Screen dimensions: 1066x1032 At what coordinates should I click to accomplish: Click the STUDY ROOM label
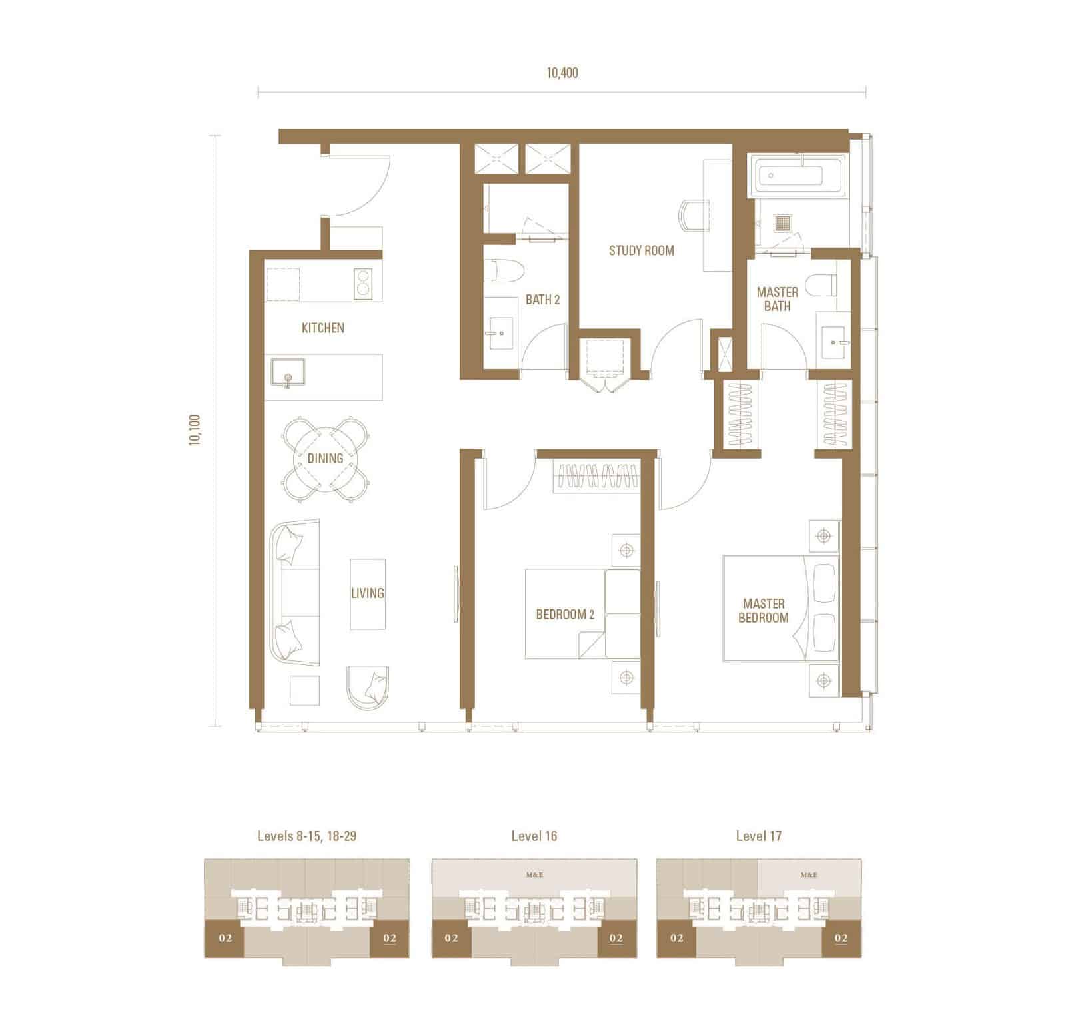click(641, 250)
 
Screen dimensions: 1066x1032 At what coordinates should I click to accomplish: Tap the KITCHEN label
click(323, 328)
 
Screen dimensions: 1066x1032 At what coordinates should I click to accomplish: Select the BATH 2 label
click(542, 300)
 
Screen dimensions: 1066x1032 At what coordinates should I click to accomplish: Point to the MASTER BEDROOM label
click(764, 611)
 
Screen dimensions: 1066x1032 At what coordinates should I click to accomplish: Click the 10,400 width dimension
click(562, 73)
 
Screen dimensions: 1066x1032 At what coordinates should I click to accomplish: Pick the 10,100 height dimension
click(195, 430)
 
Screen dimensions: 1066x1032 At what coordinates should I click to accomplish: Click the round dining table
click(325, 459)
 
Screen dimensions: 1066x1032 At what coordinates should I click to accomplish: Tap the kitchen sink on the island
click(288, 372)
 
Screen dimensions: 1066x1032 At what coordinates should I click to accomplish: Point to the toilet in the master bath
click(820, 286)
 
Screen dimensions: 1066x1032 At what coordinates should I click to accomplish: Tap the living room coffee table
click(368, 594)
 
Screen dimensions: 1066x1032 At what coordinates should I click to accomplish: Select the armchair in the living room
click(368, 686)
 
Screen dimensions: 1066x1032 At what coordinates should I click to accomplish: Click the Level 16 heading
click(534, 836)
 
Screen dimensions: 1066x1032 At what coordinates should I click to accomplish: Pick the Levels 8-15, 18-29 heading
click(306, 836)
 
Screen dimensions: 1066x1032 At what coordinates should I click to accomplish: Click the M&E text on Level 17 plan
click(809, 875)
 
